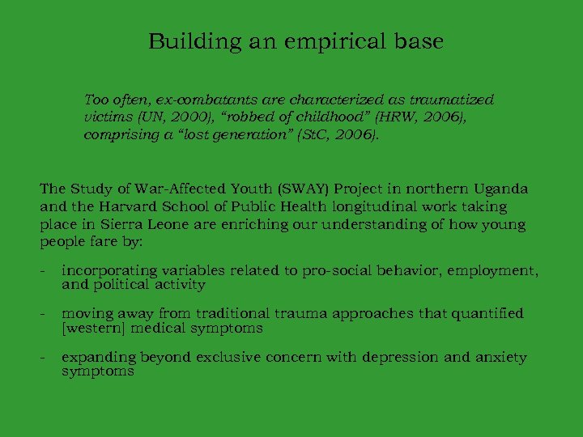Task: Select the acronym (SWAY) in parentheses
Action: pos(304,189)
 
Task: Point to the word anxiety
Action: pos(500,358)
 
